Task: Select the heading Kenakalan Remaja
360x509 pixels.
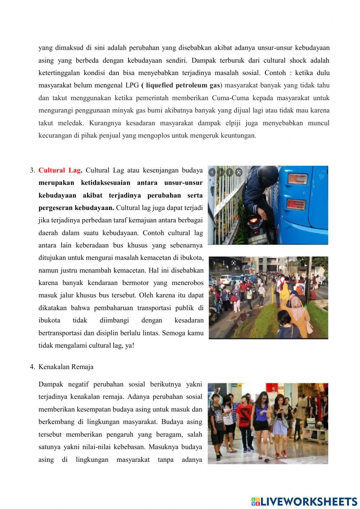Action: click(66, 367)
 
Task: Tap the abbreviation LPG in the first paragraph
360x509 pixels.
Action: click(132, 85)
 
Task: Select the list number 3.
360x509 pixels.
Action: click(32, 170)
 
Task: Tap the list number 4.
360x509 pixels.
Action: click(32, 367)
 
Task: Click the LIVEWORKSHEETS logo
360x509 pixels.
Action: click(304, 501)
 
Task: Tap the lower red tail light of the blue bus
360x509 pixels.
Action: click(296, 204)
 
